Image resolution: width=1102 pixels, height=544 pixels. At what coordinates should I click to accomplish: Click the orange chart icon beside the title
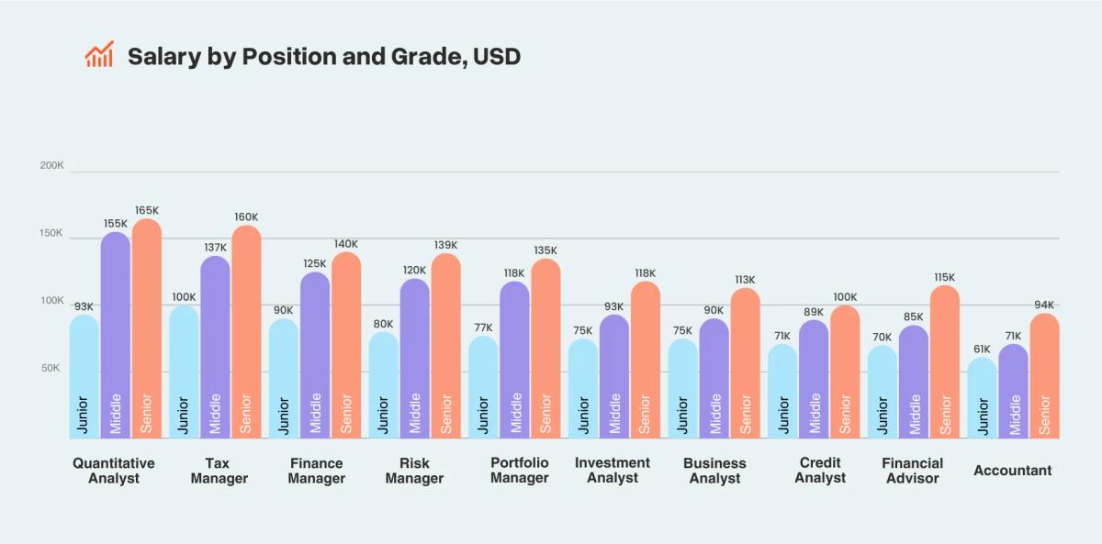99,55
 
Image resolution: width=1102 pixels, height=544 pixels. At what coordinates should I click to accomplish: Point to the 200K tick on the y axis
51,166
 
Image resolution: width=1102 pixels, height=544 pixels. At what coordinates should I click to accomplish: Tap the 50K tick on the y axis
51,368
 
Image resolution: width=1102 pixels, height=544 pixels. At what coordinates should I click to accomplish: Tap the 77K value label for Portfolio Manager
483,328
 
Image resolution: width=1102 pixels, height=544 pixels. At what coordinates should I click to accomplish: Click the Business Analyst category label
714,471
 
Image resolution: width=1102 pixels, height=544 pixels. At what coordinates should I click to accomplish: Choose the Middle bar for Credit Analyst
814,376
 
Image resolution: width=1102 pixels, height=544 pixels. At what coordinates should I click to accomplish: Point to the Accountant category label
1012,471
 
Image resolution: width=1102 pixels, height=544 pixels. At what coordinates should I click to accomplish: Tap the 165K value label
147,210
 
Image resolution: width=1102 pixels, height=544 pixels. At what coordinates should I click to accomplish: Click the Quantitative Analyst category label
114,471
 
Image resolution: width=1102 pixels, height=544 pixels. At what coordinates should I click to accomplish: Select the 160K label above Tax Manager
246,217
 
